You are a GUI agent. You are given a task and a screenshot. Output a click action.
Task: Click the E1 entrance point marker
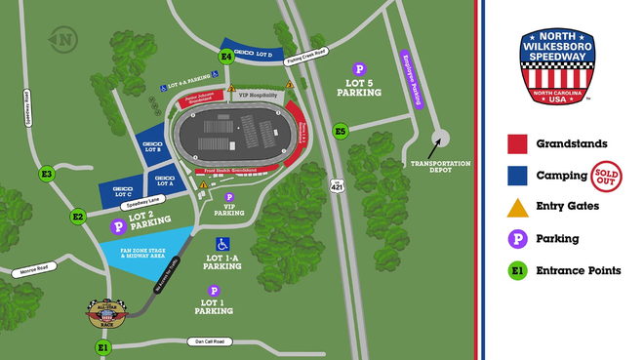coord(104,346)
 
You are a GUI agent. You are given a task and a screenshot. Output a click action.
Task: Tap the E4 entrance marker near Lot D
coord(226,58)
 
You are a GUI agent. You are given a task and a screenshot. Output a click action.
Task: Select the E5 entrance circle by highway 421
coord(341,131)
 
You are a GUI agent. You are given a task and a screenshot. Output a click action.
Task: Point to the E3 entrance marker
coord(46,175)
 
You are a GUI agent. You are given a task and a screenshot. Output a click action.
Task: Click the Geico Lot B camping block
coord(152,149)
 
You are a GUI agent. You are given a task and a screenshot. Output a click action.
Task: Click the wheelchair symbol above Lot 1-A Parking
coord(222,243)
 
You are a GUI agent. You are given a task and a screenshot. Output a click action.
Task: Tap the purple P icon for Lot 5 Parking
coord(359,69)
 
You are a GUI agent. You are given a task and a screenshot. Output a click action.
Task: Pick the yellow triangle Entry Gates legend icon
coord(518,206)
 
